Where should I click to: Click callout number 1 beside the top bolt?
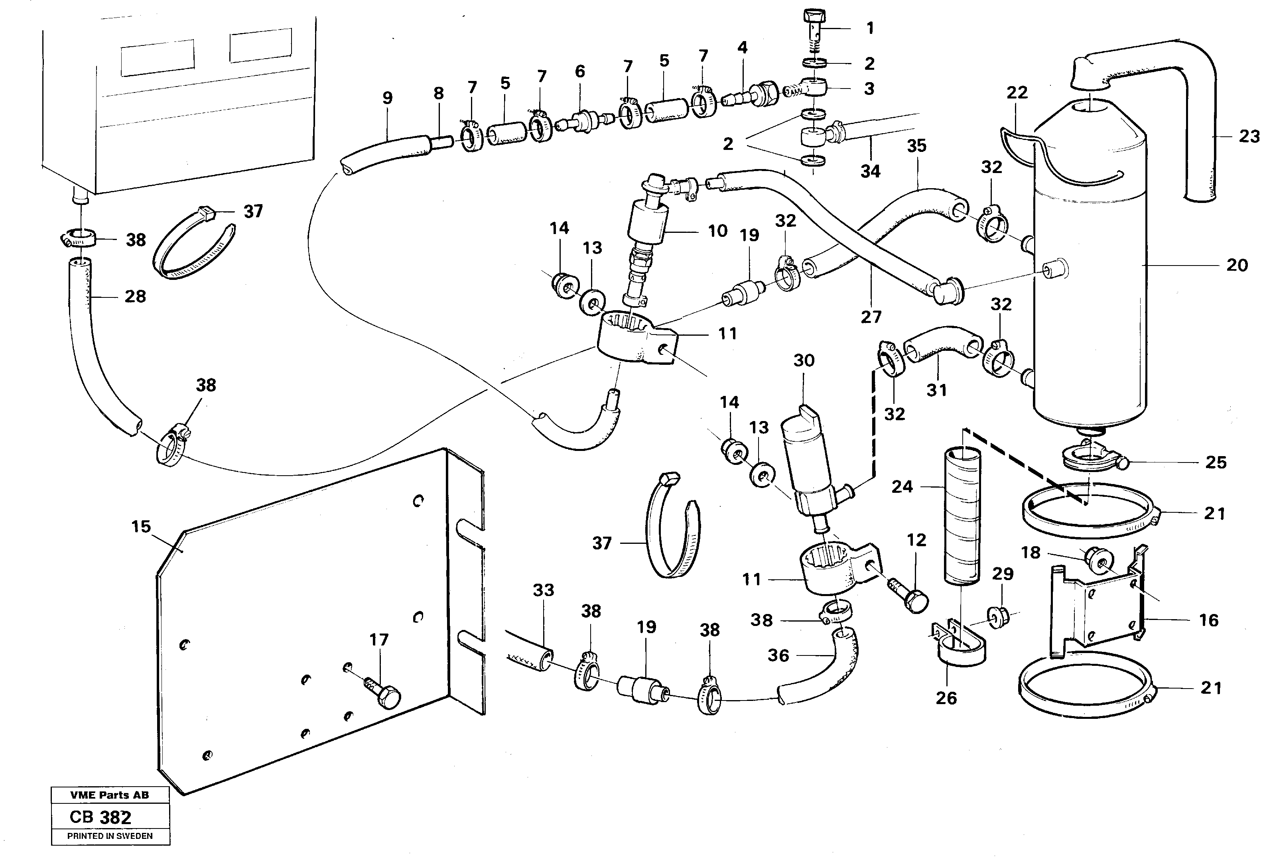pos(870,28)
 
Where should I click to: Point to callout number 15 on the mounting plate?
pos(141,527)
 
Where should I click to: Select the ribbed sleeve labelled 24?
pos(961,518)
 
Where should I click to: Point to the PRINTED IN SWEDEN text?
pos(110,836)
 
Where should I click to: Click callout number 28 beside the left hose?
pos(135,297)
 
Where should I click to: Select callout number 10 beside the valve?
pos(717,231)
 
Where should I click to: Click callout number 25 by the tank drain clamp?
pos(1216,463)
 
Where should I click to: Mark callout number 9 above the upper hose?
pos(387,98)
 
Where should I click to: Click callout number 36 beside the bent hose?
pos(778,655)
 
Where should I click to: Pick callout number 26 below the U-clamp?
pos(946,698)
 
